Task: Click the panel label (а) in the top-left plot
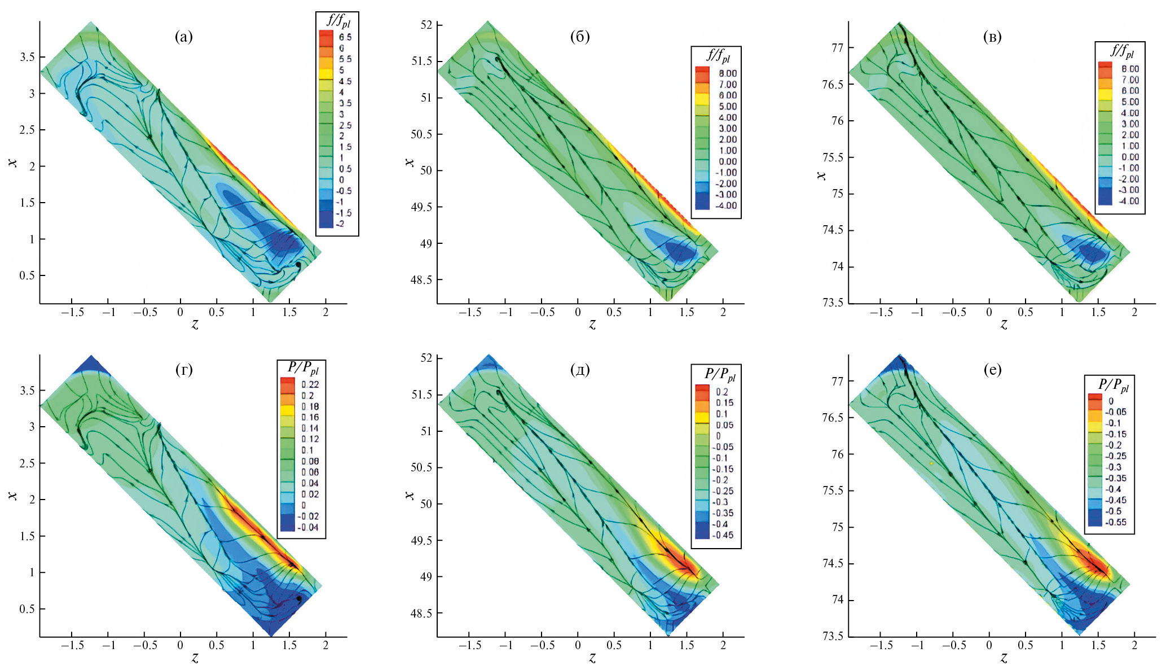click(x=184, y=37)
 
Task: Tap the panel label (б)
click(x=580, y=37)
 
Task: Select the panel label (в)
click(x=992, y=37)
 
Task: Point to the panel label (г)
click(x=184, y=370)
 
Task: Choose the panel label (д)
click(x=580, y=370)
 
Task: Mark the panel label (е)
click(x=992, y=370)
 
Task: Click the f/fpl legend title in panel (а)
click(x=338, y=21)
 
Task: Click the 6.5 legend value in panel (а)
click(x=345, y=37)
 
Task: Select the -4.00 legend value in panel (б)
click(x=726, y=205)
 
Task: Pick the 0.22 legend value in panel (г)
click(x=310, y=384)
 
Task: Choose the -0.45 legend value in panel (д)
click(x=724, y=535)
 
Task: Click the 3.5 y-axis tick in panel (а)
click(x=28, y=57)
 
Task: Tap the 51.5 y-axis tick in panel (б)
click(x=422, y=61)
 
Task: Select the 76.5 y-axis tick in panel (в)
click(x=833, y=85)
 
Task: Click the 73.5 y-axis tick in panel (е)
click(x=833, y=636)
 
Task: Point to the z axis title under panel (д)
click(x=592, y=658)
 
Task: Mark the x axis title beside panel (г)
click(x=13, y=496)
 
